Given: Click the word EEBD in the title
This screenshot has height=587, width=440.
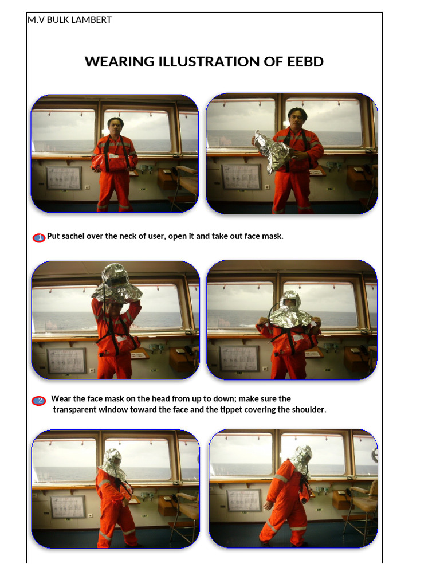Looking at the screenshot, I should click(x=305, y=62).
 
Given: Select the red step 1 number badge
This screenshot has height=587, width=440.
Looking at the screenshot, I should click(x=39, y=237).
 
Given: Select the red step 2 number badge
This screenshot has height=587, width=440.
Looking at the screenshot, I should click(x=39, y=401).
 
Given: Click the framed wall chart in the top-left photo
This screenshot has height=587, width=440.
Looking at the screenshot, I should click(x=64, y=178).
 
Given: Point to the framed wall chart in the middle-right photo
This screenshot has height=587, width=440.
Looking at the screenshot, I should click(x=239, y=358).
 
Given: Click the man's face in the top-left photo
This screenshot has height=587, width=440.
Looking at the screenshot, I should click(x=115, y=126).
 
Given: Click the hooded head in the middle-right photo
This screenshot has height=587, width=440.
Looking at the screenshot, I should click(x=290, y=303).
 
